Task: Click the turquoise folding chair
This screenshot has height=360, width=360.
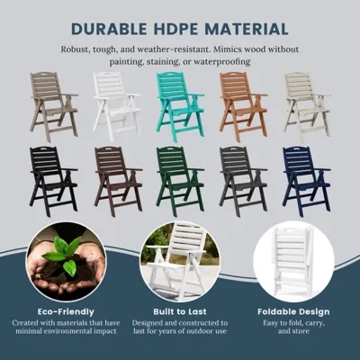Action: (180, 107)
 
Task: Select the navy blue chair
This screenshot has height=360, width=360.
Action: (306, 181)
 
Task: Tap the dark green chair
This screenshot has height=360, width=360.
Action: (180, 181)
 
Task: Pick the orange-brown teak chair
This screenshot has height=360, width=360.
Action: (243, 107)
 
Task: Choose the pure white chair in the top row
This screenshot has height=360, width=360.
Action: (116, 107)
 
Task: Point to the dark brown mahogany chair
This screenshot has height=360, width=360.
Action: (118, 181)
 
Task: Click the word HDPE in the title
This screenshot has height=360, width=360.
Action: (176, 29)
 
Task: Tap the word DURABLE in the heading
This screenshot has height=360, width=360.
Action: (110, 29)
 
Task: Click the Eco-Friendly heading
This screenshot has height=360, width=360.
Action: (66, 311)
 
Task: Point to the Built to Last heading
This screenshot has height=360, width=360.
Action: (180, 311)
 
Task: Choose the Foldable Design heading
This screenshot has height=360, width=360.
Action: (293, 311)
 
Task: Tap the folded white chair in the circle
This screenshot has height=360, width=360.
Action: (292, 260)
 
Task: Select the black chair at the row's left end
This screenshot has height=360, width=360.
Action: (54, 181)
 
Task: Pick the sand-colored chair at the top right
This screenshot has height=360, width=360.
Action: (307, 107)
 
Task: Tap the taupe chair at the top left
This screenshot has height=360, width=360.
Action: (54, 107)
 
